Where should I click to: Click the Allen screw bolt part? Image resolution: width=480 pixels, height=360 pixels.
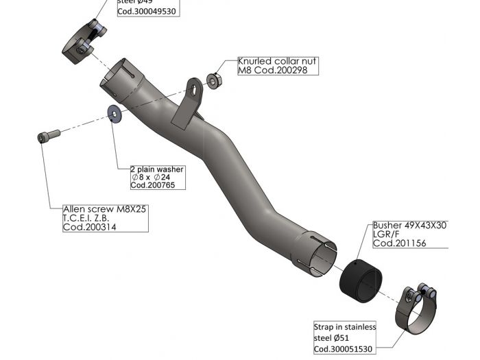tap(47, 136)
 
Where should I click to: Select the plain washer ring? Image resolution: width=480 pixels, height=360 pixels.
tap(112, 113)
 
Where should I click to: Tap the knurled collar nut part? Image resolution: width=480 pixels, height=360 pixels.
tap(213, 81)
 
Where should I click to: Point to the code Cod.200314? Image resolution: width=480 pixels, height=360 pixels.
tap(90, 227)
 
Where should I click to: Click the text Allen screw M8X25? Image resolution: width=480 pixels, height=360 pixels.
tap(105, 209)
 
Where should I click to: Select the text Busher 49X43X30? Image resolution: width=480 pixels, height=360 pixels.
tap(409, 225)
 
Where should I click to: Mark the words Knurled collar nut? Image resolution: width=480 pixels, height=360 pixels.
tap(277, 61)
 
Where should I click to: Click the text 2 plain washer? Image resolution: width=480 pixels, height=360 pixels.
tap(157, 169)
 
